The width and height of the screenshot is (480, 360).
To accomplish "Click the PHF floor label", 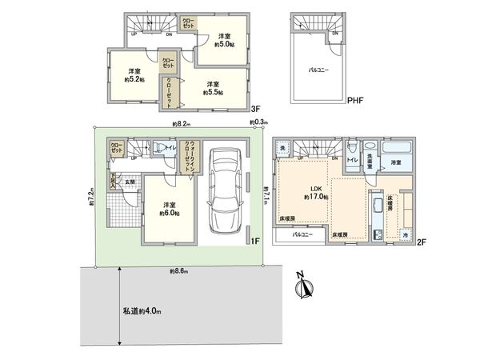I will tap(356, 102).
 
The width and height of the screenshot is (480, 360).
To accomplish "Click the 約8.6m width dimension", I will tap(179, 272).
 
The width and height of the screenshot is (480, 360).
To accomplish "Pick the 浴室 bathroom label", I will tap(395, 162).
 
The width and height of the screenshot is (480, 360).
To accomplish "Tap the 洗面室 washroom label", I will tap(371, 161).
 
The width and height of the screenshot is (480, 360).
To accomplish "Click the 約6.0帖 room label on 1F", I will tap(168, 210).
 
